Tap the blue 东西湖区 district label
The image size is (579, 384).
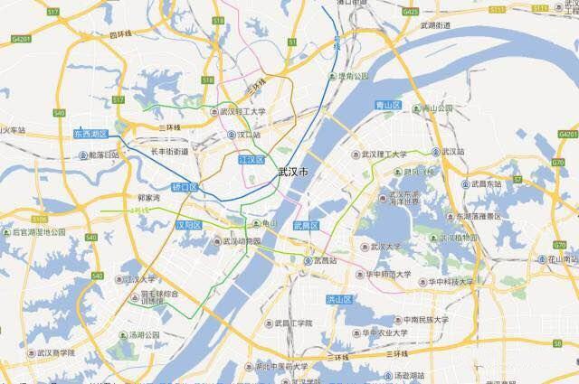[90, 134]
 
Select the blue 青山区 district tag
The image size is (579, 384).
[387, 106]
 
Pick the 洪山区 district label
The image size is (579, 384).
[338, 299]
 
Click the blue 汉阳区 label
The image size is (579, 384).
[189, 224]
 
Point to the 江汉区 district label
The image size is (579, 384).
[251, 160]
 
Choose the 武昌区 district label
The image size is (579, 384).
[306, 225]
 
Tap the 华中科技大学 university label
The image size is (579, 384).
[450, 282]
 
